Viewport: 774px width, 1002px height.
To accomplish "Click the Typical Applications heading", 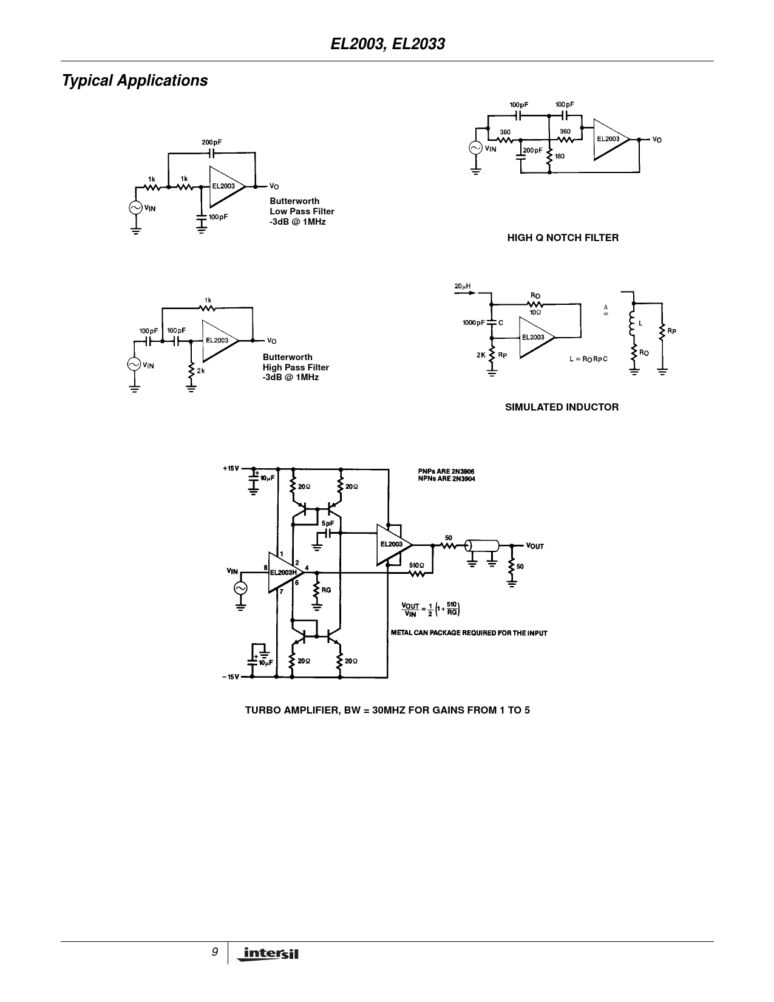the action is pos(135,81).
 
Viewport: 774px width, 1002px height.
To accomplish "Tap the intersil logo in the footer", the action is pos(268,953).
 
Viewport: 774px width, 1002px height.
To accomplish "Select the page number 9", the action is pos(215,952).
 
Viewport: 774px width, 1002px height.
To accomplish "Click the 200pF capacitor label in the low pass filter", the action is pos(212,143).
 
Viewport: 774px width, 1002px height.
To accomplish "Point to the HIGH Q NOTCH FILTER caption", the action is pos(563,238).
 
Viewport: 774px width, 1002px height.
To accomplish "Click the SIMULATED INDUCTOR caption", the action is pos(562,407).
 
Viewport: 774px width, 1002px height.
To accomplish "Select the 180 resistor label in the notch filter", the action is pos(560,156).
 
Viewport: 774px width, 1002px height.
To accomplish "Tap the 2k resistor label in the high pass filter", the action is pos(200,370).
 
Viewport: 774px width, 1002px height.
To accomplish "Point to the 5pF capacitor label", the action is pos(328,523).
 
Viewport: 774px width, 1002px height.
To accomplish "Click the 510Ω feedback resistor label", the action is pos(416,565).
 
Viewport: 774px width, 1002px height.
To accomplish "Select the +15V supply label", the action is pos(231,468).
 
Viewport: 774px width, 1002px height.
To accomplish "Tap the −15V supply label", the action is pos(231,677).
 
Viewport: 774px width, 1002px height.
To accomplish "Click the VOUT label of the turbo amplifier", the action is pos(535,546).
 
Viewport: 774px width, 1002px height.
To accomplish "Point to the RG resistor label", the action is pos(326,590).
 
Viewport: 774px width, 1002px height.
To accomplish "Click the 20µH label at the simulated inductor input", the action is pos(463,287).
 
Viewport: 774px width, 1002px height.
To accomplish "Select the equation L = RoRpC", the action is pos(588,359).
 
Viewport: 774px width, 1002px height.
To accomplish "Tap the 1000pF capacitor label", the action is pos(474,323).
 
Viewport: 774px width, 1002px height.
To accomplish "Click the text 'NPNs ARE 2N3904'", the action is pos(446,479).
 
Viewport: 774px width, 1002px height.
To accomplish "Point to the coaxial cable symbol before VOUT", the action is pos(482,546).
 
